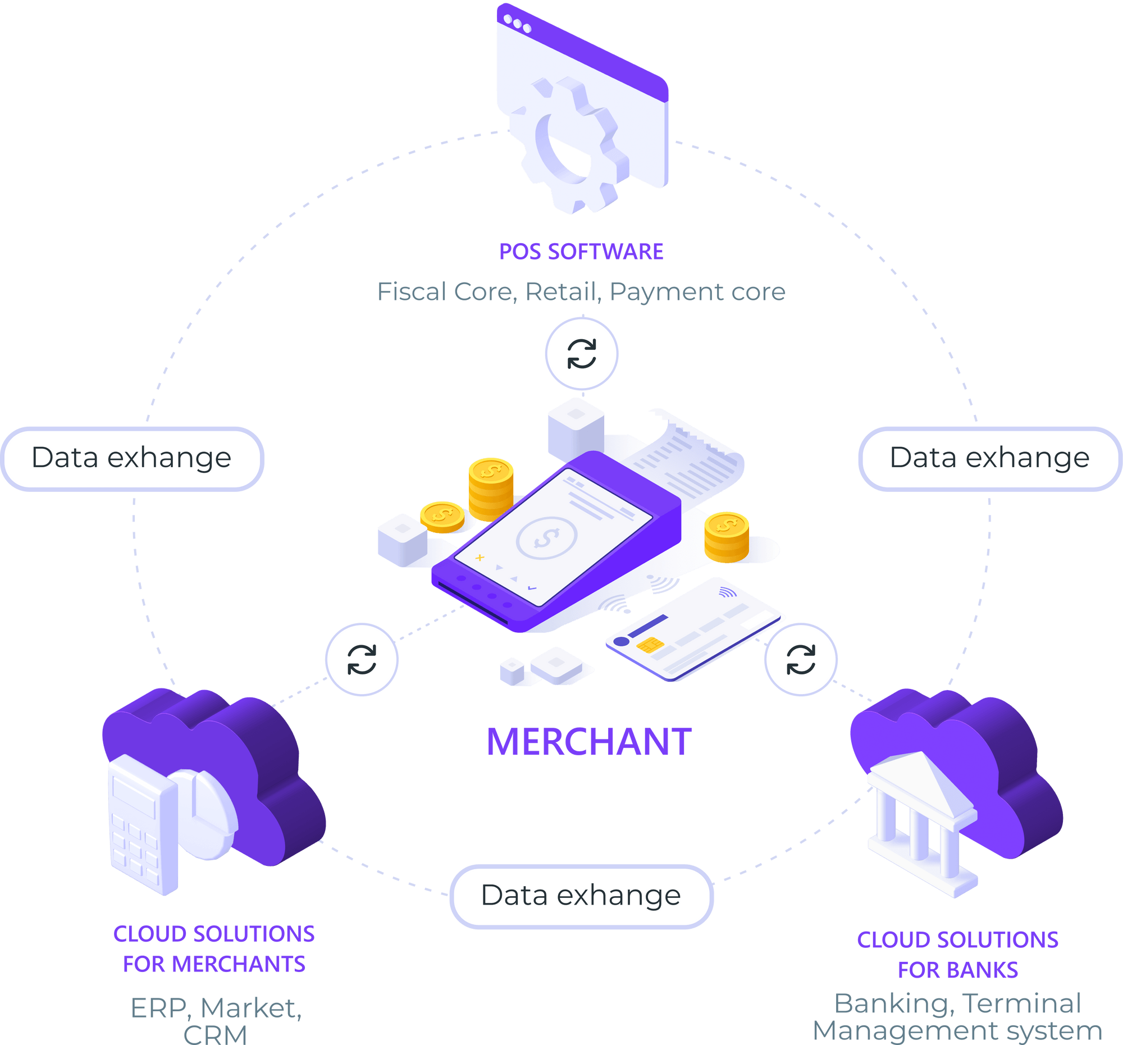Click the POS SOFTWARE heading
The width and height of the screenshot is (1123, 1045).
coord(581,252)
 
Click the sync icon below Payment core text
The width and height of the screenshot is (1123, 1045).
coord(581,354)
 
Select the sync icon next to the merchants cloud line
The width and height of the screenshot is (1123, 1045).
coord(362,659)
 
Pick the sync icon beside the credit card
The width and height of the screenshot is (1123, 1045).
coord(801,659)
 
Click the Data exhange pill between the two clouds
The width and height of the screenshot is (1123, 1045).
coord(581,896)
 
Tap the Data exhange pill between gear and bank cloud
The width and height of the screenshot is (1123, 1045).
coord(989,458)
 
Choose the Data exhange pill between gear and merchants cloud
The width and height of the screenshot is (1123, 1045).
coord(131,458)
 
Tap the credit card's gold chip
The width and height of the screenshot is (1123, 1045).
coord(650,645)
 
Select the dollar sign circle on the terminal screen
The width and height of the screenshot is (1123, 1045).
coord(547,538)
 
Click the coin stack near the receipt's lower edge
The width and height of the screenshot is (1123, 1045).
coord(727,537)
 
